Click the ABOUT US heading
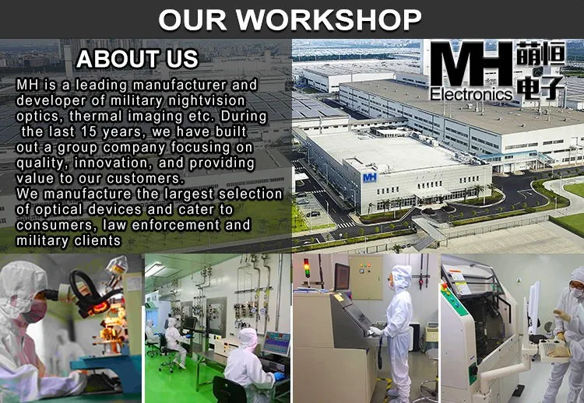137,59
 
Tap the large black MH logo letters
471,65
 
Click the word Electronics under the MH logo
471,94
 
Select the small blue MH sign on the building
369,177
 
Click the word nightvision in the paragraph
206,100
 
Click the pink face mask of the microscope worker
34,311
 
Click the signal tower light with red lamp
307,268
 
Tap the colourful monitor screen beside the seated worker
276,343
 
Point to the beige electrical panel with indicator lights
366,278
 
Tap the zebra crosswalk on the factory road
347,225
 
